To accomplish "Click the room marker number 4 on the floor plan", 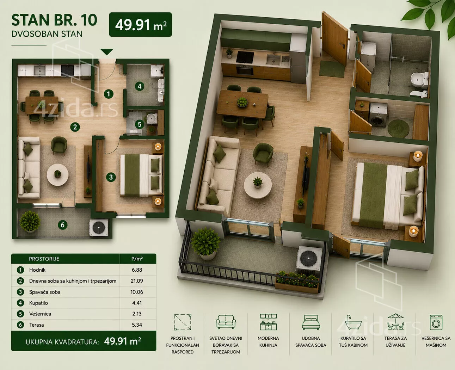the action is coord(140,86).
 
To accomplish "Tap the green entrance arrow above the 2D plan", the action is coord(106,52).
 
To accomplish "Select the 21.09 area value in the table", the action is coord(137,281).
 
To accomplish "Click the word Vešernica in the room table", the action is coord(40,314).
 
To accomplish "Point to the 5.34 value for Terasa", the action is coord(137,325).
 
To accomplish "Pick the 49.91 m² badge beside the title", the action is coord(140,25).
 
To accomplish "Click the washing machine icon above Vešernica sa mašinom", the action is coord(436,322).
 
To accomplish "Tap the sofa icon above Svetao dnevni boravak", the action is coord(226,322).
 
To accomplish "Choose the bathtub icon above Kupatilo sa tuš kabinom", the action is coord(353,322).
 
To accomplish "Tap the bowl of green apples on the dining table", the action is coord(242,101).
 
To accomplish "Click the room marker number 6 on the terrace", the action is coord(63,225).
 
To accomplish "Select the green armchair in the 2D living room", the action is coord(59,145).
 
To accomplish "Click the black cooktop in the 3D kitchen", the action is coord(245,57).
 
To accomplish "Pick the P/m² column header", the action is coord(137,259).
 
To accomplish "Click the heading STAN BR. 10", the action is coord(54,20).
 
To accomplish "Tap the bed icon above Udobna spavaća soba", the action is coord(311,322).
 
